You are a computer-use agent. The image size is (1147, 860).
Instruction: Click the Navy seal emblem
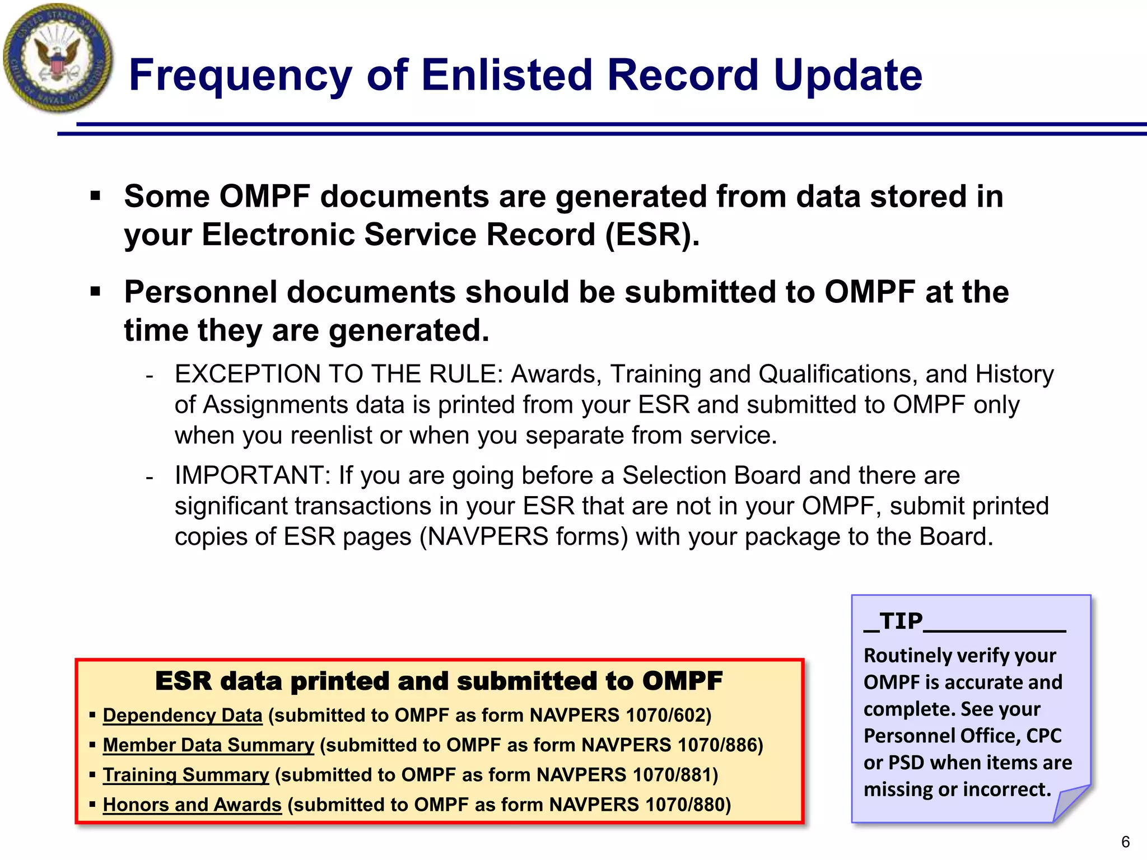[57, 58]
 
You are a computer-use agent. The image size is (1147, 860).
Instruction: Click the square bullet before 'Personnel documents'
[95, 292]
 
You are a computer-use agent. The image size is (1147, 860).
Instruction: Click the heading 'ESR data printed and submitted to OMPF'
[439, 681]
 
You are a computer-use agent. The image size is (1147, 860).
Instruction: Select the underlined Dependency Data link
[183, 716]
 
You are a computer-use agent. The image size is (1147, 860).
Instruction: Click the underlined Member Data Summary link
[208, 745]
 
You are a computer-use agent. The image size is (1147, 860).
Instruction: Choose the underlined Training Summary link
[186, 775]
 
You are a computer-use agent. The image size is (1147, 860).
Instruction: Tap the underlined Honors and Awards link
[192, 805]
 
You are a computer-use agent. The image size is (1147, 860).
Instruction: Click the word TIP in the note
[901, 621]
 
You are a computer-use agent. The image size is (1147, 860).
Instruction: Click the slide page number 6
[1125, 842]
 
